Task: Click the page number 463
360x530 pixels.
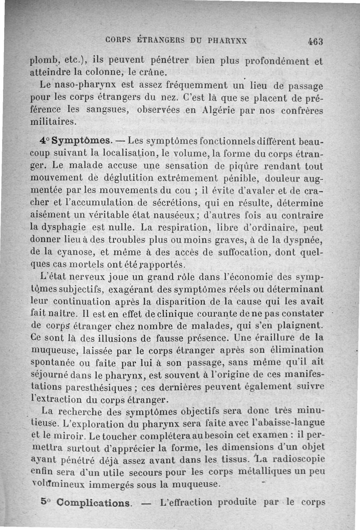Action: pos(316,40)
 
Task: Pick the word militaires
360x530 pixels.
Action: pos(53,122)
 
